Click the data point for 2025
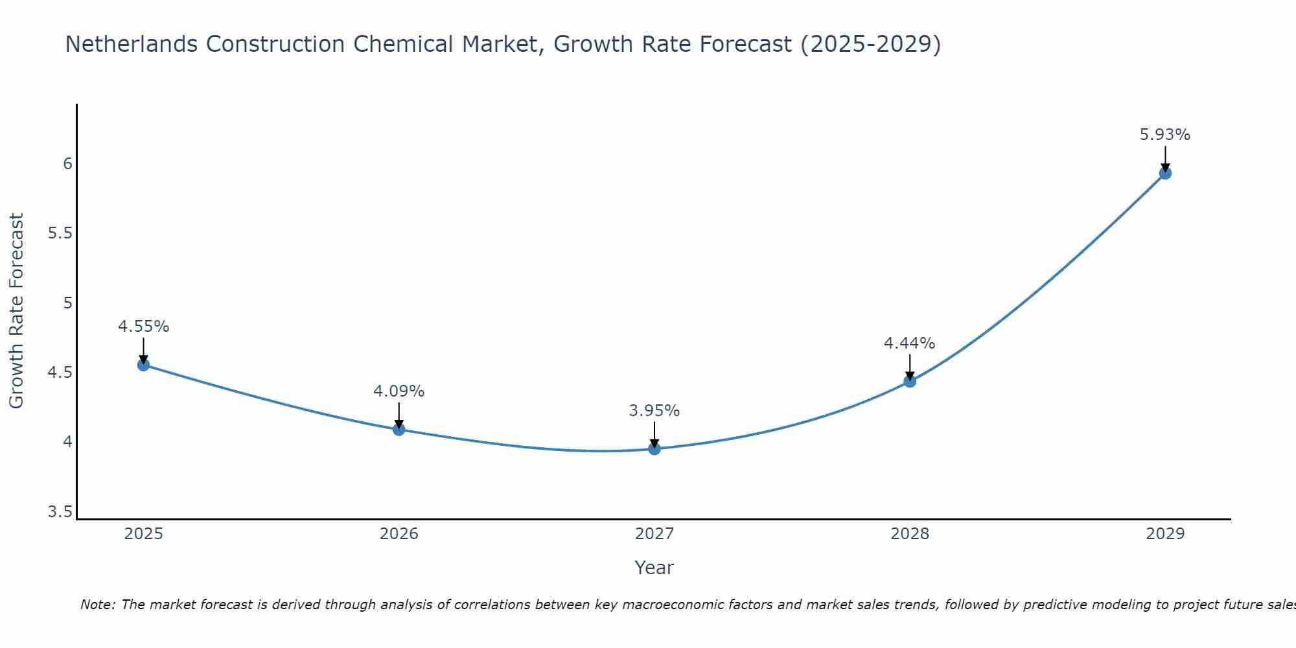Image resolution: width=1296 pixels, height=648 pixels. click(143, 365)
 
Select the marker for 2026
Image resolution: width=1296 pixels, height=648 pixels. click(399, 429)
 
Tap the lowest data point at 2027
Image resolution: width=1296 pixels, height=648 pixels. click(654, 448)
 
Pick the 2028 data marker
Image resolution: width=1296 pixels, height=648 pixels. click(910, 381)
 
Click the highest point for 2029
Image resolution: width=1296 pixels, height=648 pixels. click(1165, 173)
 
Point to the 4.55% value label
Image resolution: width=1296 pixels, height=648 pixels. click(143, 327)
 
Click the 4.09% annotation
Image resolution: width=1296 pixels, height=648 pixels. click(399, 391)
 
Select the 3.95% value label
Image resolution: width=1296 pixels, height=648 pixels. click(654, 411)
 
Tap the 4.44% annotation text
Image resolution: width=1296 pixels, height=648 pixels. click(910, 343)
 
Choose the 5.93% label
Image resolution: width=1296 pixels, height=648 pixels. click(1165, 135)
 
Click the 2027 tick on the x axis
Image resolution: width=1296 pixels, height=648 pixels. click(654, 534)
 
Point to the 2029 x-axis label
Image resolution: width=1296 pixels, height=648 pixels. click(1165, 534)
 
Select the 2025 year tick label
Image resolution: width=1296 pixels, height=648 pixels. click(143, 534)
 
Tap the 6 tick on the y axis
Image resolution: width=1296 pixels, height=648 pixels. click(67, 163)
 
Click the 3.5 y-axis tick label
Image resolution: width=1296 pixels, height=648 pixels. click(60, 513)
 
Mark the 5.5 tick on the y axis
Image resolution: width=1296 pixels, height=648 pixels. click(60, 233)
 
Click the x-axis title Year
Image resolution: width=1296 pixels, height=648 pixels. click(654, 568)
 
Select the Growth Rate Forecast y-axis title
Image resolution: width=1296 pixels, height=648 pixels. click(17, 311)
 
